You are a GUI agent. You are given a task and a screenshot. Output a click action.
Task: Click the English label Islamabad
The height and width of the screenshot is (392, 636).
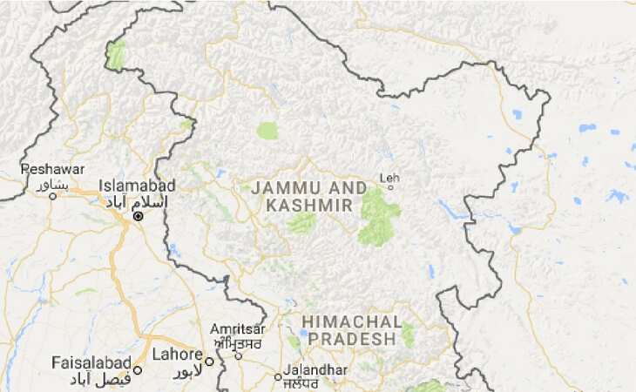tap(137, 186)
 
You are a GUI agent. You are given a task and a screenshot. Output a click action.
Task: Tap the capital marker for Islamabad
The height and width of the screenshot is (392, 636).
tap(138, 215)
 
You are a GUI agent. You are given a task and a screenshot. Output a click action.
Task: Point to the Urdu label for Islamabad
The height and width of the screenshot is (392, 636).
tap(140, 201)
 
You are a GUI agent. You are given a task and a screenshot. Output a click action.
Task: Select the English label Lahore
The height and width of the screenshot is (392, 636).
tap(177, 355)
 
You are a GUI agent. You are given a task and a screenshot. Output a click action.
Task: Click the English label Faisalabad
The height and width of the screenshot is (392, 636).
tap(91, 362)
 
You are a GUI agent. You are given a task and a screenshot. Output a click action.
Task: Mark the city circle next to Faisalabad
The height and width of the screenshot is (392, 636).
tap(138, 369)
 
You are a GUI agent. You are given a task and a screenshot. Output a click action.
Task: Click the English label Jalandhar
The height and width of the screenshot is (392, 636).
tap(314, 369)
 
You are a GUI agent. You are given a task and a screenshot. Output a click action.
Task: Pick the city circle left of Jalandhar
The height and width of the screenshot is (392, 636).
tap(278, 377)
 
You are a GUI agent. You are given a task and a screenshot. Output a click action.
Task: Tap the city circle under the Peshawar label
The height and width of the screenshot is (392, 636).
tap(52, 196)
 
